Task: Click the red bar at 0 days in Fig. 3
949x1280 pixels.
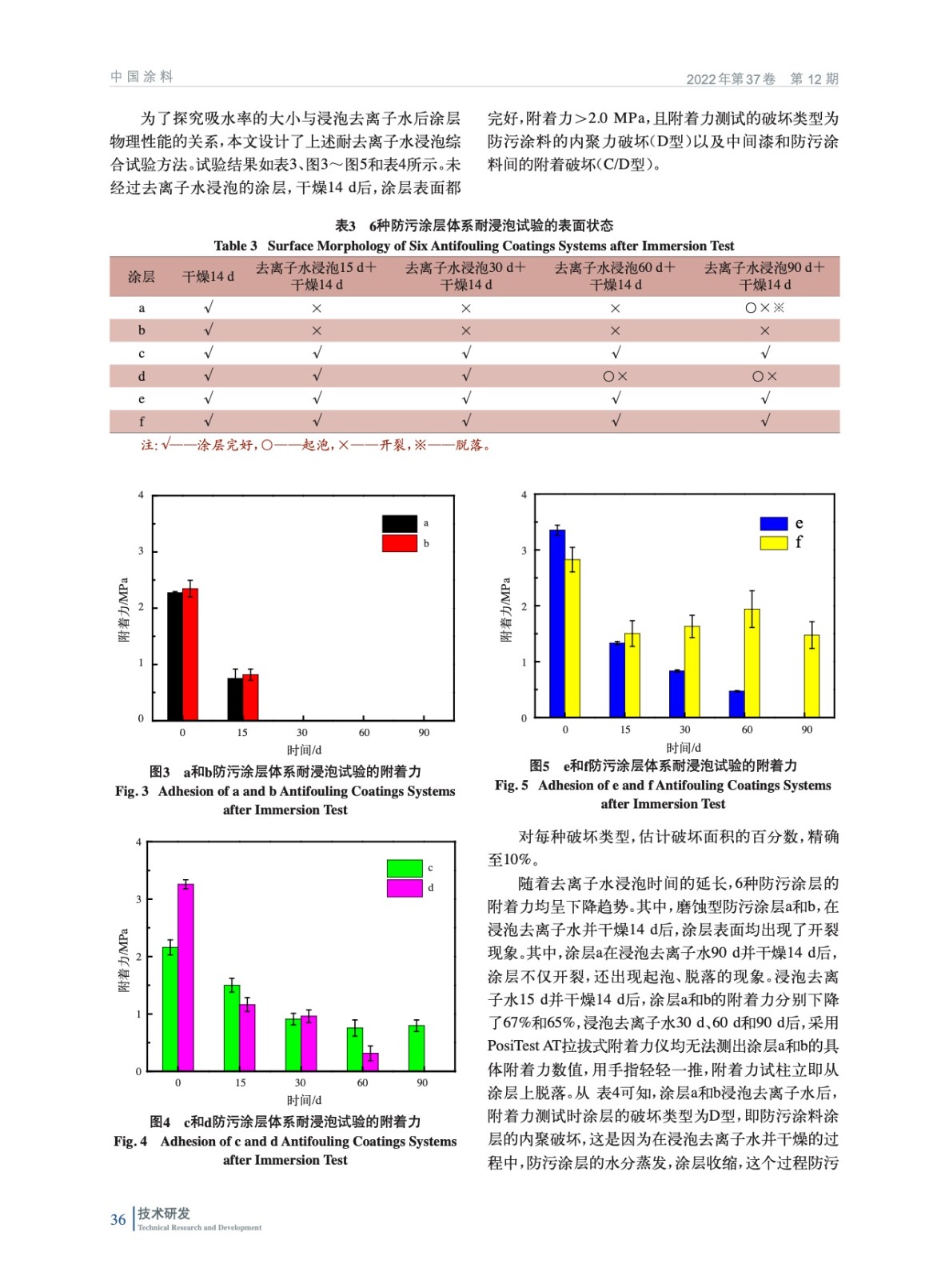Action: click(190, 654)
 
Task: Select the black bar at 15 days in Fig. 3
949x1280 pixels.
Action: click(234, 698)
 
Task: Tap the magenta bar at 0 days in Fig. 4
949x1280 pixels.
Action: click(185, 978)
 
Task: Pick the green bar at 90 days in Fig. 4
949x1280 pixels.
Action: click(416, 1048)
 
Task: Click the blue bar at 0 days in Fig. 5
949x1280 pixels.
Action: click(557, 623)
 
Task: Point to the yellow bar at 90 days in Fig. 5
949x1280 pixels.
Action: click(811, 676)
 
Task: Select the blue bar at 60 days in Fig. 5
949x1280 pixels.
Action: click(736, 703)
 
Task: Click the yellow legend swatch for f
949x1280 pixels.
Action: click(773, 543)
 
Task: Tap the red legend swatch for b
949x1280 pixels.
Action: click(399, 544)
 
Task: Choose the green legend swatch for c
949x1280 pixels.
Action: click(404, 868)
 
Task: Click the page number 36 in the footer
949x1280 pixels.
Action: click(118, 1220)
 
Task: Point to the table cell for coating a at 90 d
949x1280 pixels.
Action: click(764, 308)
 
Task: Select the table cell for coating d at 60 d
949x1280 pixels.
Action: click(615, 376)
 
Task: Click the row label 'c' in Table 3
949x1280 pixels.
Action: click(142, 354)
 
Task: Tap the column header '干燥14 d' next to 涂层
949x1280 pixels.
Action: click(208, 277)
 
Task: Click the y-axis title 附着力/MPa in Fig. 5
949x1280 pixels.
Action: click(505, 610)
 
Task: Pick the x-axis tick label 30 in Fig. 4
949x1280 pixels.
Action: click(300, 1082)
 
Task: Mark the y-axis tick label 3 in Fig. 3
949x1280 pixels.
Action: click(142, 551)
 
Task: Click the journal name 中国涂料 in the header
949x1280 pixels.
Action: click(142, 77)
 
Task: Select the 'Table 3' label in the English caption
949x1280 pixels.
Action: click(235, 246)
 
